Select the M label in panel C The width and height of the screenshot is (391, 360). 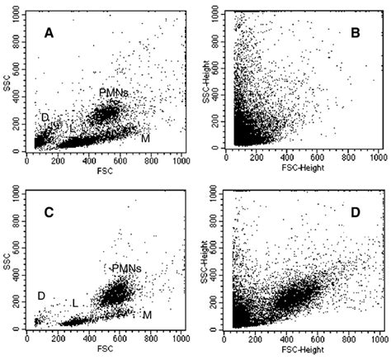[x=147, y=315]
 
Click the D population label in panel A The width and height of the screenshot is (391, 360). [x=45, y=117]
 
